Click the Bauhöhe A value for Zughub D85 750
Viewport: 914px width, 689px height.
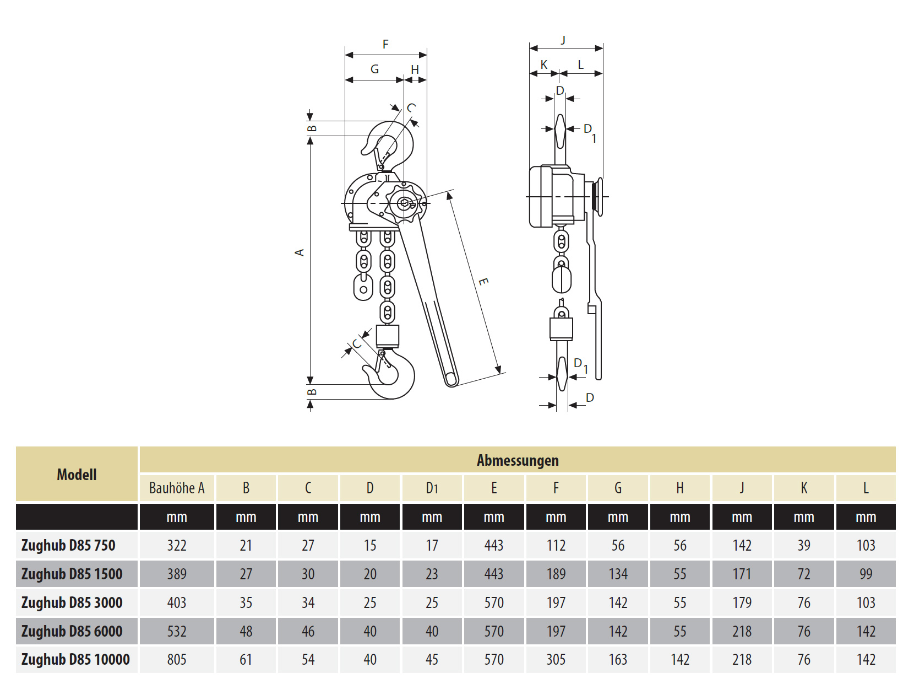click(177, 545)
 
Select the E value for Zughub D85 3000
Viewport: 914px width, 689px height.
click(494, 602)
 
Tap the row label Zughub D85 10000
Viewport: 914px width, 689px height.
click(75, 659)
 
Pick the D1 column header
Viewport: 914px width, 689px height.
click(432, 488)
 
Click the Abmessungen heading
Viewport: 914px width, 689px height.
click(518, 460)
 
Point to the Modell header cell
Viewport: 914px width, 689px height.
click(77, 475)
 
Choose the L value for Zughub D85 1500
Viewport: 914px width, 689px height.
click(866, 574)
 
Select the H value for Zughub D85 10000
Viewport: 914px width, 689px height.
click(680, 659)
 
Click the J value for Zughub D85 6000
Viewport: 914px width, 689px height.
click(742, 631)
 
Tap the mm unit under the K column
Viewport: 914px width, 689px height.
click(804, 517)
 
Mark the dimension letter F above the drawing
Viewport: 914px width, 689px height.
click(385, 44)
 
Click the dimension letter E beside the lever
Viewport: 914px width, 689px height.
click(483, 282)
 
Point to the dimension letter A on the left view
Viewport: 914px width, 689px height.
click(300, 252)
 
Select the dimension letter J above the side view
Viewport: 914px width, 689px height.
click(563, 40)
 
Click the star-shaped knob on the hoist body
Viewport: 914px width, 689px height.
click(405, 203)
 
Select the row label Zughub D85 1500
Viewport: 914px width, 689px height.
click(72, 574)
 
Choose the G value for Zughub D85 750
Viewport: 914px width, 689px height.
click(618, 545)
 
